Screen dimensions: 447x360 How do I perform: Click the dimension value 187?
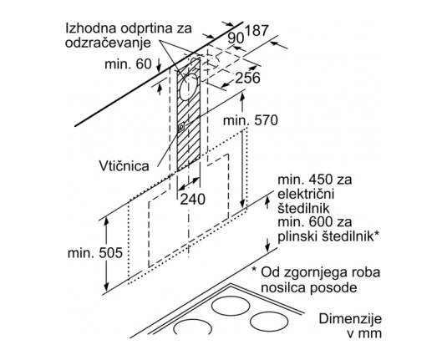[x=257, y=31]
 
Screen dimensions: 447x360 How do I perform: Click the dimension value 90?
[x=236, y=38]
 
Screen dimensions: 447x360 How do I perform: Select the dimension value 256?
[x=247, y=78]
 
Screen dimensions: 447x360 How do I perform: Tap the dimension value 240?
[x=192, y=199]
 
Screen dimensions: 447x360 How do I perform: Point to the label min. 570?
[x=251, y=120]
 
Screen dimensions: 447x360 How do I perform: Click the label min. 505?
[x=95, y=253]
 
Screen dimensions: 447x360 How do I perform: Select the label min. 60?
[x=128, y=63]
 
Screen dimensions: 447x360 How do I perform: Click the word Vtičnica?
[x=124, y=165]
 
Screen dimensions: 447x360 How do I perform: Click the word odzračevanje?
[x=108, y=43]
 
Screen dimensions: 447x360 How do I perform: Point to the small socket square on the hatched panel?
[x=180, y=127]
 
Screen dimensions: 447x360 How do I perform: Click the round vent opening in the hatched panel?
[x=188, y=87]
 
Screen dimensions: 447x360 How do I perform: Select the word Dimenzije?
[x=350, y=319]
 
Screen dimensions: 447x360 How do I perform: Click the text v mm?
[x=363, y=333]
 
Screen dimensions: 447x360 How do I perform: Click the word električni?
[x=306, y=194]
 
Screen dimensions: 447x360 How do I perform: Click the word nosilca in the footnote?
[x=283, y=287]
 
